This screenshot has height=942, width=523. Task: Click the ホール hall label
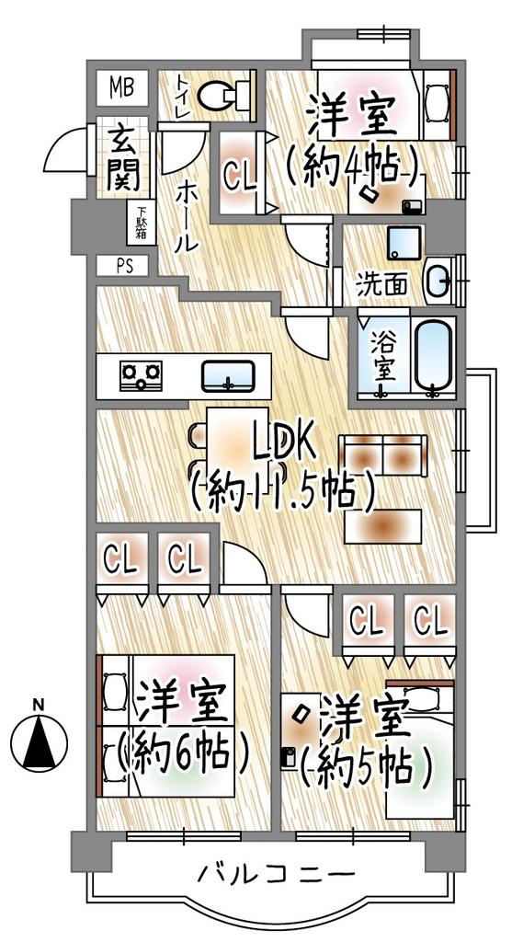coord(185,217)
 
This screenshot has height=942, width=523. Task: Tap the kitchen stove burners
coord(141,374)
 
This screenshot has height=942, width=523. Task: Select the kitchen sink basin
coord(229,375)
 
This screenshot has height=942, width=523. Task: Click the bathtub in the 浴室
coord(431,355)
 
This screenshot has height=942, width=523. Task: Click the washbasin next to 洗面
coord(438,279)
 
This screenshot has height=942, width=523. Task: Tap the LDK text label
coord(284,444)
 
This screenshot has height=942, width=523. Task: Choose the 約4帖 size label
coord(353,167)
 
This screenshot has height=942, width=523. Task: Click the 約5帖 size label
coord(368,765)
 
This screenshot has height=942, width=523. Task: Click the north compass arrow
coord(39,741)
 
